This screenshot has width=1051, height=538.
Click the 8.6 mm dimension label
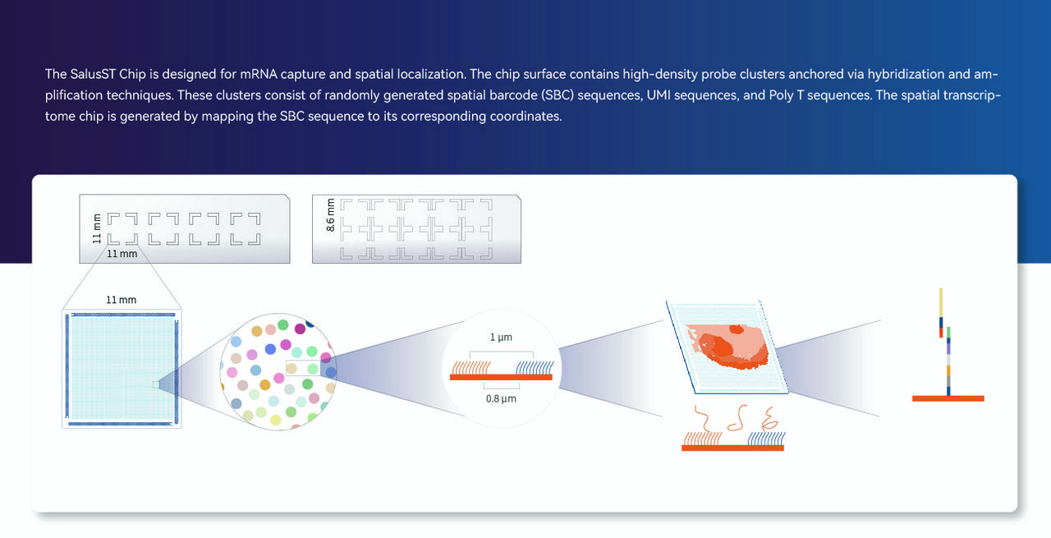tap(331, 215)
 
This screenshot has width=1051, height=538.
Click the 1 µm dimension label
tap(502, 338)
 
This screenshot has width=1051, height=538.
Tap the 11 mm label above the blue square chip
tap(122, 300)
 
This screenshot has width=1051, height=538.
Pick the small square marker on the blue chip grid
tap(156, 384)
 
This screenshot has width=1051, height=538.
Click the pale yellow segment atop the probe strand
tap(941, 302)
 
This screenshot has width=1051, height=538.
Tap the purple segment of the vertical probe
tap(948, 349)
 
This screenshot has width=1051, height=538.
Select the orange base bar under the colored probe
tap(948, 398)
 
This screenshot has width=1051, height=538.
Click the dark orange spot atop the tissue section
tap(737, 329)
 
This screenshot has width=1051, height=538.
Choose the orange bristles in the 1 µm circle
tap(470, 367)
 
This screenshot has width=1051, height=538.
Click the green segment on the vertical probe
tap(948, 333)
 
